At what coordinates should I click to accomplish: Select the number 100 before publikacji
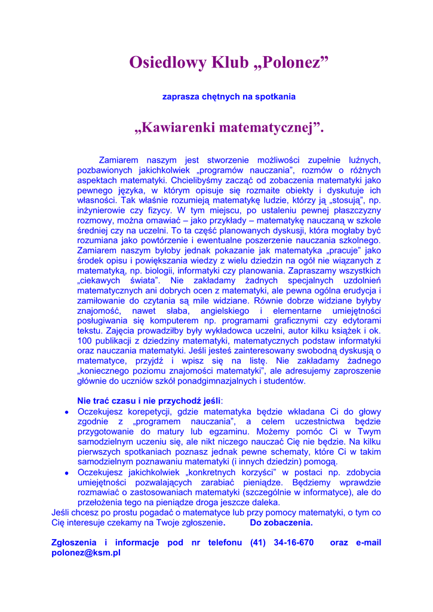click(85, 341)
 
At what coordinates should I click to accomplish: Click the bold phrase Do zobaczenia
click(281, 522)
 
